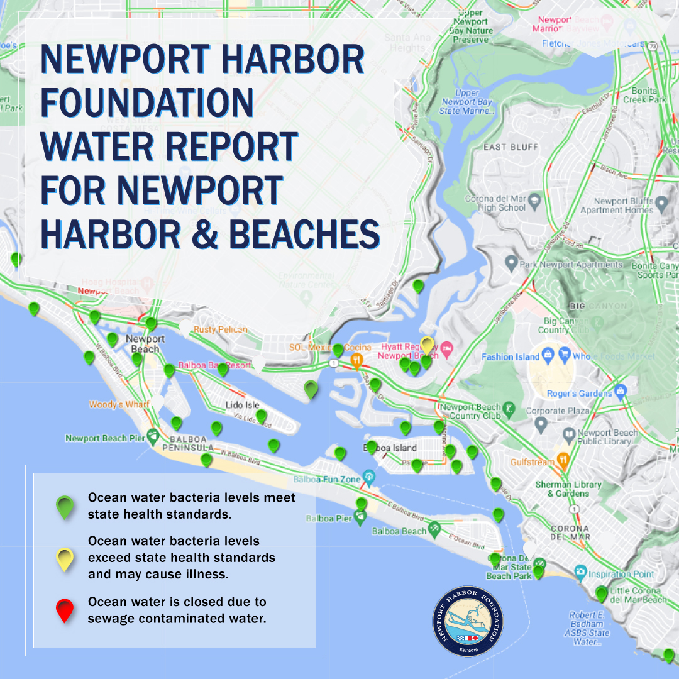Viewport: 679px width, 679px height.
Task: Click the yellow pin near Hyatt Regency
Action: point(428,345)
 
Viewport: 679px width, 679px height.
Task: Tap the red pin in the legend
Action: point(65,609)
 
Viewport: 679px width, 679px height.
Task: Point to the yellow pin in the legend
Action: point(65,558)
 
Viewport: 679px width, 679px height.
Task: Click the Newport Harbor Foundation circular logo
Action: point(468,621)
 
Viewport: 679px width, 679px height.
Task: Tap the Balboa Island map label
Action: point(390,448)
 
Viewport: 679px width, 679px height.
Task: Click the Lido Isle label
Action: point(243,405)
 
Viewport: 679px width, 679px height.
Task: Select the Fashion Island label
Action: point(511,356)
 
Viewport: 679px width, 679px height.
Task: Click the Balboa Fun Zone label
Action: point(327,480)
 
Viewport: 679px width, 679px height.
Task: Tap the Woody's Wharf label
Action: point(119,404)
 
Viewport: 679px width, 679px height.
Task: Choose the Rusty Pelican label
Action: point(220,329)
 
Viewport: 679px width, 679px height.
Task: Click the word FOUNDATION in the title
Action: point(147,102)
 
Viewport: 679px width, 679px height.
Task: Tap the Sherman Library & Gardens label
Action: point(568,489)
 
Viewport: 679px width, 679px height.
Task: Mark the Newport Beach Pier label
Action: point(104,438)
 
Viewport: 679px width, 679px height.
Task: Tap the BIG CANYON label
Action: point(598,306)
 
